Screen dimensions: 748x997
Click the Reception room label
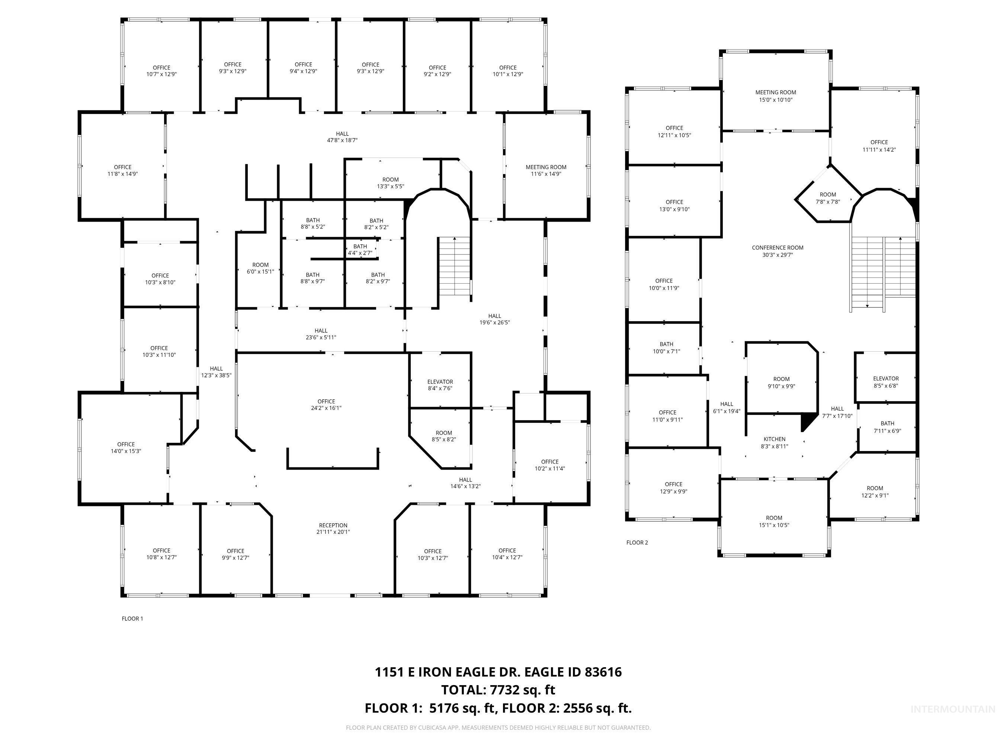point(333,528)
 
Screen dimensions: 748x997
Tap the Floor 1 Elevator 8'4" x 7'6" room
point(440,384)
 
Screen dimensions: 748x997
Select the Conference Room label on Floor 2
point(778,251)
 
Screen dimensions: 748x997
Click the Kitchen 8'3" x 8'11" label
point(774,442)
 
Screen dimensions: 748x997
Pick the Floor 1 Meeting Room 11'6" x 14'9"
point(546,170)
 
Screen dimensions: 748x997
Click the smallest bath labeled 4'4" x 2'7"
point(360,249)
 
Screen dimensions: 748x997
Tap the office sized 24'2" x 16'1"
point(326,405)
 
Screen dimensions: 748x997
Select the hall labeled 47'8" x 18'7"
point(342,137)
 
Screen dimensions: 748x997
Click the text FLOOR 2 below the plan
point(637,543)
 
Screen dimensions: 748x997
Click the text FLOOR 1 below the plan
point(132,618)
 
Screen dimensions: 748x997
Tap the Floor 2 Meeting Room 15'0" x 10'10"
point(776,96)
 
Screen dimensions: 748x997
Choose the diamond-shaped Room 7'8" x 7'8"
point(828,198)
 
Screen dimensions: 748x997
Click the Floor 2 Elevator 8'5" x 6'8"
point(886,382)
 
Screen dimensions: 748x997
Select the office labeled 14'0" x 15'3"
point(126,447)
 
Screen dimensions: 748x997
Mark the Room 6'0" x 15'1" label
point(260,268)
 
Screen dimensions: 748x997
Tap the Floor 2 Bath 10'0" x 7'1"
point(666,348)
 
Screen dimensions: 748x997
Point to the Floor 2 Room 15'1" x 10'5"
point(774,521)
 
